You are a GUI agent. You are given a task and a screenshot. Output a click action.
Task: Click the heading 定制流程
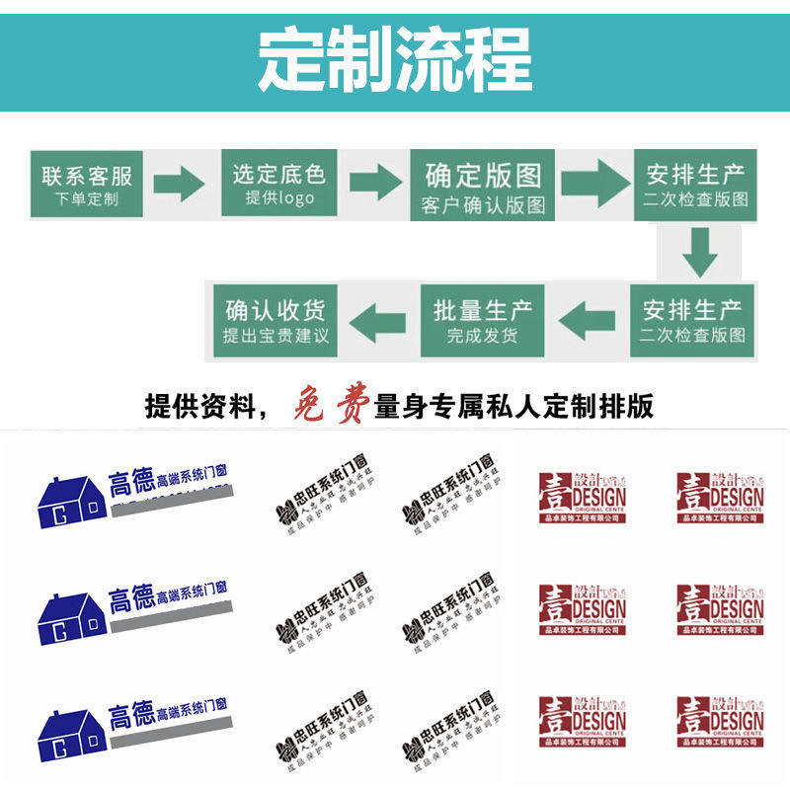pos(395,58)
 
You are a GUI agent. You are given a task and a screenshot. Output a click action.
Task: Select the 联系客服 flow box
pos(87,184)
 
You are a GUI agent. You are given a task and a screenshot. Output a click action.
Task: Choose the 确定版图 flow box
pos(483,186)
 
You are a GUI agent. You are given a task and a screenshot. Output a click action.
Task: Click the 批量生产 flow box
pos(483,319)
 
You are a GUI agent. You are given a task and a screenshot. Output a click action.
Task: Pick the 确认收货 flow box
pos(276,319)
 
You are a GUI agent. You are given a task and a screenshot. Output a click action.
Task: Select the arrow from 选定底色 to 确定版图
pos(375,183)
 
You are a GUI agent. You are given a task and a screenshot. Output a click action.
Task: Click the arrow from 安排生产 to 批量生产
pos(588,319)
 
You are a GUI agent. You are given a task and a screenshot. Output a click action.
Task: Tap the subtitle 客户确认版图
pos(483,205)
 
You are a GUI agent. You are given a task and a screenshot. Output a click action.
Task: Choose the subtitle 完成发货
pos(483,336)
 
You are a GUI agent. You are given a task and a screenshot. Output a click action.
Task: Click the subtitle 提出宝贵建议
pos(276,337)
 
